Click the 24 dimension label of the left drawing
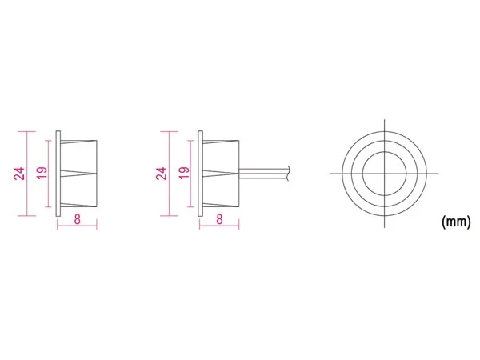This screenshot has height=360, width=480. pos(19,174)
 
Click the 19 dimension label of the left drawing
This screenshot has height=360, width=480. pos(42,174)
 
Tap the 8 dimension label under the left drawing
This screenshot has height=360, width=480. pos(77,219)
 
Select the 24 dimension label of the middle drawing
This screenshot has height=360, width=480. pos(162,174)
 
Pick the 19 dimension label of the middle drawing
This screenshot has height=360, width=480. pos(184,174)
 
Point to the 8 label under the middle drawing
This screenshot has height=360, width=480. pos(219,219)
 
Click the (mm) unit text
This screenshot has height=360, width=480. pos(456,221)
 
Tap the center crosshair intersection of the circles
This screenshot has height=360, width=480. pos(385,174)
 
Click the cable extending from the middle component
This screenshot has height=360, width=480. pos(263,174)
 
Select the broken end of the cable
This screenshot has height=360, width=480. pos(288,174)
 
